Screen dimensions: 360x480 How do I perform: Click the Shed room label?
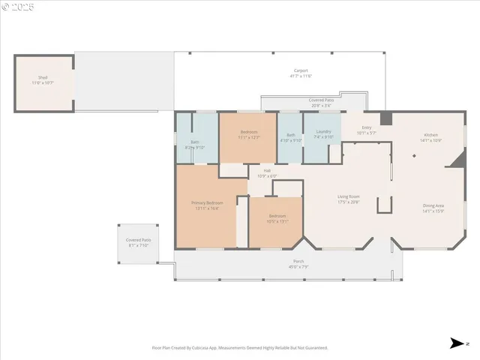click(x=43, y=77)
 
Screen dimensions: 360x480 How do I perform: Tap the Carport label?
click(x=300, y=70)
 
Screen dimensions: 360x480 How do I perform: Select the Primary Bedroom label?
click(x=207, y=202)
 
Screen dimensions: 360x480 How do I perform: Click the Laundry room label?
click(x=323, y=132)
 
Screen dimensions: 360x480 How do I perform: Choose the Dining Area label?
click(x=433, y=205)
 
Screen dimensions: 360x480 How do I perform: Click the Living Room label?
click(x=349, y=196)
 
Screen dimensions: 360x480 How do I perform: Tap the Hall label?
click(x=267, y=170)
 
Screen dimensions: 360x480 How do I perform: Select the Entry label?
click(x=367, y=127)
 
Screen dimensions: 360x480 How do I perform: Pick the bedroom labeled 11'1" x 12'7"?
click(x=247, y=133)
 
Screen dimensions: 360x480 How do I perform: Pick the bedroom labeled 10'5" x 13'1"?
click(x=277, y=216)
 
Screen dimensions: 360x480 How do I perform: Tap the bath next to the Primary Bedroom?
click(x=195, y=142)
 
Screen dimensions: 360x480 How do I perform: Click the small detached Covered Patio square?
click(x=139, y=242)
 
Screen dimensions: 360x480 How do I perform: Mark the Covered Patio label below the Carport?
click(x=321, y=100)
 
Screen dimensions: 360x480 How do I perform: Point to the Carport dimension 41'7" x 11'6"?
click(x=300, y=76)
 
